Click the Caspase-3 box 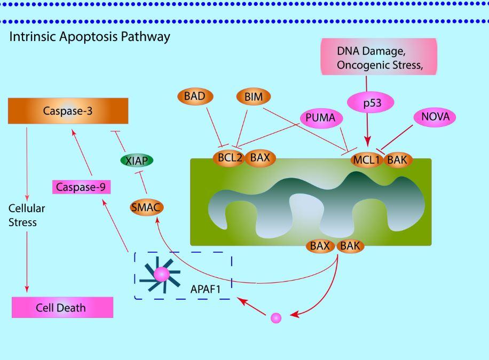click(x=68, y=111)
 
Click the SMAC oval click(x=146, y=207)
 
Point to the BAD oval click(x=195, y=97)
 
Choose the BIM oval click(x=254, y=97)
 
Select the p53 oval click(x=372, y=103)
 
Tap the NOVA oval click(x=435, y=117)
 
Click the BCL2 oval click(x=230, y=158)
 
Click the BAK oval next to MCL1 click(x=398, y=159)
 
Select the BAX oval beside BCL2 click(x=260, y=158)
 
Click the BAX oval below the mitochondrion click(x=320, y=246)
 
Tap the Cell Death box click(x=62, y=308)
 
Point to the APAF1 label click(x=206, y=290)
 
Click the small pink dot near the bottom click(x=275, y=318)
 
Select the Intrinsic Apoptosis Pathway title click(x=90, y=37)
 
